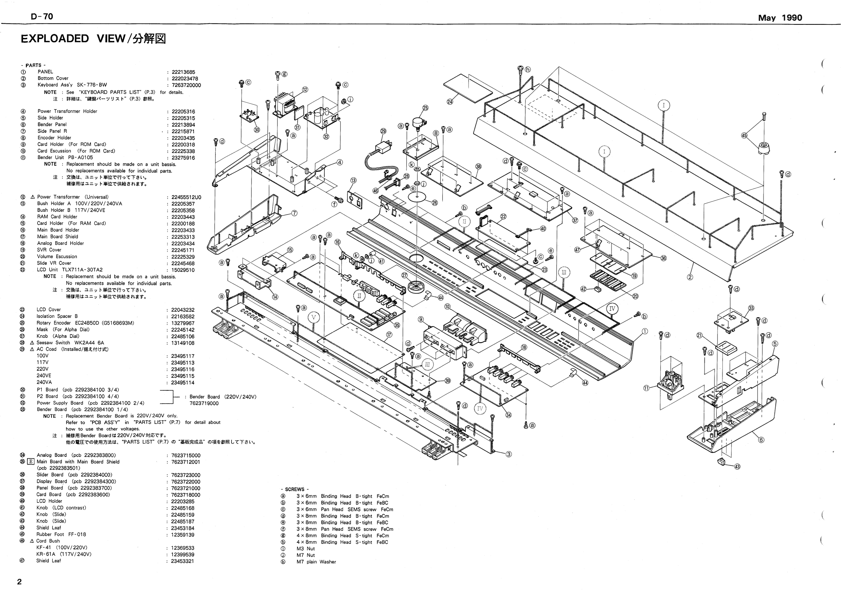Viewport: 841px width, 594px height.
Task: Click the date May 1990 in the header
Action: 780,18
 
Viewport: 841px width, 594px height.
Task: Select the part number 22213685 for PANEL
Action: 183,72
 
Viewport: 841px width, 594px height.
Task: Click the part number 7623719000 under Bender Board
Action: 204,403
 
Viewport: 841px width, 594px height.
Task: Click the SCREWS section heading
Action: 295,489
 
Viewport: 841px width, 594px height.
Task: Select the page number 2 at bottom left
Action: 19,582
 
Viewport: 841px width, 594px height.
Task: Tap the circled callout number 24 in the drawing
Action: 450,102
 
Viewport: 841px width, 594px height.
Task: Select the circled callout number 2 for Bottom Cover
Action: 690,277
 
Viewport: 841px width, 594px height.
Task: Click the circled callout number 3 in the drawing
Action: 508,454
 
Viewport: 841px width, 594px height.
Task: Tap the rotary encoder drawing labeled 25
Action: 418,122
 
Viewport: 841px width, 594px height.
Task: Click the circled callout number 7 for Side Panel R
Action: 294,213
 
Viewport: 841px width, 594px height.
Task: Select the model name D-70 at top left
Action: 42,17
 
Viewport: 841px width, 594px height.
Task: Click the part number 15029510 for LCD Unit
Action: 183,270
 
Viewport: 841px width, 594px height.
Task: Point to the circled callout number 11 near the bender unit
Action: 646,388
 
